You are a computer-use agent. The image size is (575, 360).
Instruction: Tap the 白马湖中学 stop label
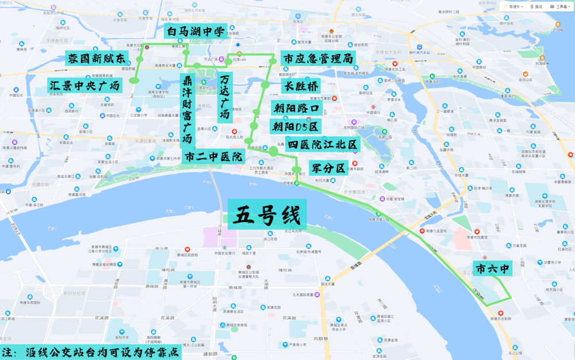pyautogui.click(x=194, y=32)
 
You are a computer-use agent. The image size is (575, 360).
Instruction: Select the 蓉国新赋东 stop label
pyautogui.click(x=96, y=59)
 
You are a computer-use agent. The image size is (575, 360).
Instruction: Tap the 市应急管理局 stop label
pyautogui.click(x=318, y=59)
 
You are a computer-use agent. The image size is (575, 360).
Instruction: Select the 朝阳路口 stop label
pyautogui.click(x=295, y=108)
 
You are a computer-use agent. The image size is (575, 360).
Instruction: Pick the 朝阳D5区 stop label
pyautogui.click(x=295, y=126)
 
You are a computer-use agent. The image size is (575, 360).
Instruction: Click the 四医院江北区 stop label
pyautogui.click(x=323, y=144)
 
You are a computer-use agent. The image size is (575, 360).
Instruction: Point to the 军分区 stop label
pyautogui.click(x=328, y=168)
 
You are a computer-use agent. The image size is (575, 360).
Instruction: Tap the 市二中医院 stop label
pyautogui.click(x=213, y=156)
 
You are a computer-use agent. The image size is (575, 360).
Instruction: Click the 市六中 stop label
pyautogui.click(x=492, y=269)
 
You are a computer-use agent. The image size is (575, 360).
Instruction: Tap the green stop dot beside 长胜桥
pyautogui.click(x=265, y=85)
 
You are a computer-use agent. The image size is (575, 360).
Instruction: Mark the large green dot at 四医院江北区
pyautogui.click(x=274, y=151)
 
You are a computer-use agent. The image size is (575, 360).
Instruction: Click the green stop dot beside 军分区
pyautogui.click(x=296, y=170)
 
